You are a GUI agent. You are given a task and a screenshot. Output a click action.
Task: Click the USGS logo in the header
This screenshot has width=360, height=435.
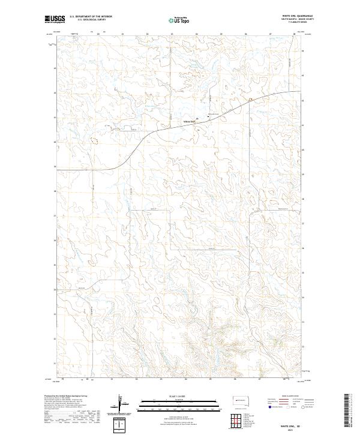55,19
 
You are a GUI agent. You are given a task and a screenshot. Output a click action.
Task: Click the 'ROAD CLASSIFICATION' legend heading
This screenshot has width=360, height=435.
286,397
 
